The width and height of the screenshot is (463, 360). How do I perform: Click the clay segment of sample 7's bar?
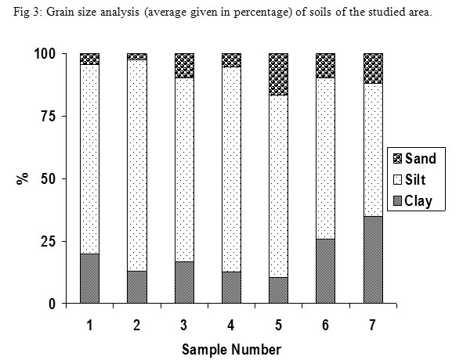click(x=373, y=260)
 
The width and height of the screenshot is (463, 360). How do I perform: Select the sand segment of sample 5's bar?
click(x=278, y=74)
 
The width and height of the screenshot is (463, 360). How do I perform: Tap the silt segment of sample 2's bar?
click(x=137, y=166)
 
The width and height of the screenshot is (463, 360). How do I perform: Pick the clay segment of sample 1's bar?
click(x=90, y=279)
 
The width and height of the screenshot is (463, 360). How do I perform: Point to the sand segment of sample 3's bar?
click(x=185, y=66)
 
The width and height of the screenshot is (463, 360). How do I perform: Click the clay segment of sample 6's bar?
click(x=326, y=272)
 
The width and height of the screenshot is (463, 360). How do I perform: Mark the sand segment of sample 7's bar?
click(x=373, y=68)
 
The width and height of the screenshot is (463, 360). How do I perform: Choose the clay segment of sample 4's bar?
click(x=232, y=288)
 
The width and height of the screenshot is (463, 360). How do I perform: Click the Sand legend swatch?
click(x=398, y=159)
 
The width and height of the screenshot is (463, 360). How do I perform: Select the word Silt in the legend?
click(x=415, y=180)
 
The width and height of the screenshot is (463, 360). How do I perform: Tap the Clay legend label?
click(x=418, y=201)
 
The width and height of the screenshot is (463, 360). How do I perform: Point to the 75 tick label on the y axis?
click(x=48, y=117)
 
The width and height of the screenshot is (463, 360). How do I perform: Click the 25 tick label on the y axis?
click(x=48, y=242)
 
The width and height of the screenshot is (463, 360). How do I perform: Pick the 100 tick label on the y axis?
click(x=45, y=54)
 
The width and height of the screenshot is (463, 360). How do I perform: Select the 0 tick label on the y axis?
click(x=52, y=304)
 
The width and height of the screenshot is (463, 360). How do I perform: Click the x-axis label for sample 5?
click(x=278, y=326)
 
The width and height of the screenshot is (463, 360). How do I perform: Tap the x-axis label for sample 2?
click(x=137, y=326)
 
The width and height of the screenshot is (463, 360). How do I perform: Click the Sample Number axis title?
click(x=232, y=350)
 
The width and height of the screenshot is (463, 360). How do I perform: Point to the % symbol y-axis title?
click(x=23, y=178)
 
